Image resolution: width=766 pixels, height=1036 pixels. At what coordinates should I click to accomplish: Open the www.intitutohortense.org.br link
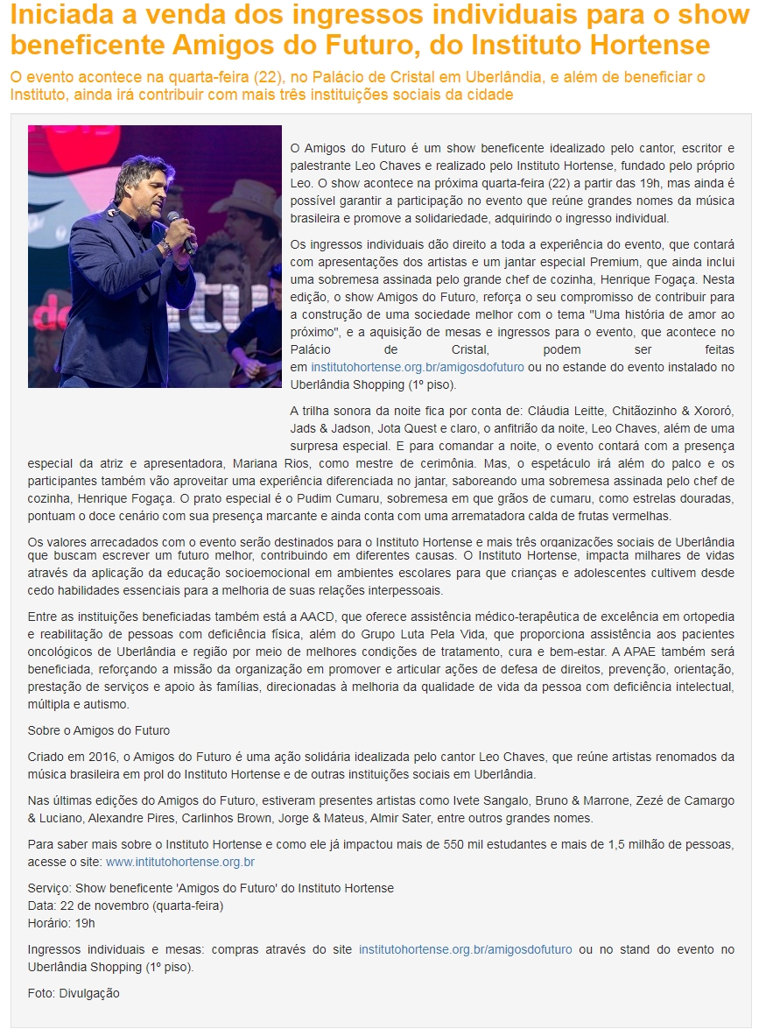[180, 862]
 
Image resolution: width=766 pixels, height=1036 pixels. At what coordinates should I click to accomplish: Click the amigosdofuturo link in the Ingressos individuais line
[466, 949]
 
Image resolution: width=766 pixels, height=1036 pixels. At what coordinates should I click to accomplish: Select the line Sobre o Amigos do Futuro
[99, 730]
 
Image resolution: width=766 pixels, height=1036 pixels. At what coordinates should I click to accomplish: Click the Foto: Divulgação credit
[74, 993]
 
